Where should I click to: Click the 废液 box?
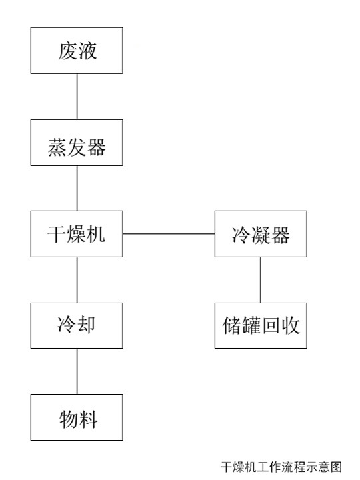[x=77, y=51]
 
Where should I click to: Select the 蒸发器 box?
[x=77, y=143]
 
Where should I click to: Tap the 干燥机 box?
[x=77, y=234]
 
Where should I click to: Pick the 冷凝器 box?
[x=261, y=234]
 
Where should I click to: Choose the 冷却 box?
[x=77, y=326]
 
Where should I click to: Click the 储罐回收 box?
[x=261, y=326]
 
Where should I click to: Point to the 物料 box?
[x=77, y=417]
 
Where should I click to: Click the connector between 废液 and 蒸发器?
[x=77, y=97]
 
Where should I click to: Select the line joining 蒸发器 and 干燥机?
[x=77, y=188]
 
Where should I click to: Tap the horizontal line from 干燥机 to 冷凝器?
[x=169, y=234]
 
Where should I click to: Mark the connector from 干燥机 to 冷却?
[x=77, y=280]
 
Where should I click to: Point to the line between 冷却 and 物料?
[x=77, y=371]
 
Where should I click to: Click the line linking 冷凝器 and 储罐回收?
[x=261, y=280]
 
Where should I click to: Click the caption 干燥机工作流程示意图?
[x=281, y=467]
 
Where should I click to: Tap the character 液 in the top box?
[x=87, y=51]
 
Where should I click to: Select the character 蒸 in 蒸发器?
[x=57, y=147]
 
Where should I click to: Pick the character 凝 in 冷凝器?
[x=261, y=235]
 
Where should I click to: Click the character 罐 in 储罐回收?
[x=251, y=325]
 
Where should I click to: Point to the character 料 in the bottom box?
[x=88, y=419]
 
